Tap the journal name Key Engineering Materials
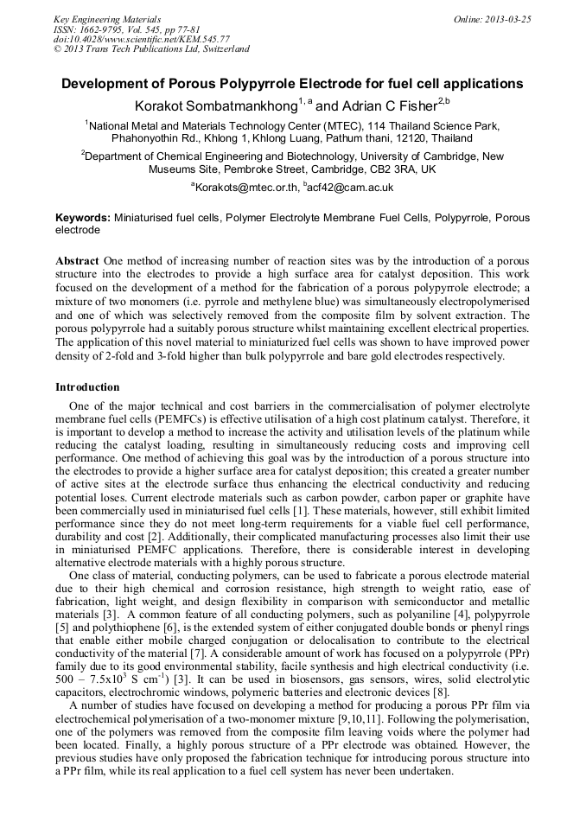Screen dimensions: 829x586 pyautogui.click(x=107, y=19)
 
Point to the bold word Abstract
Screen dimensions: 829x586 pyautogui.click(x=78, y=261)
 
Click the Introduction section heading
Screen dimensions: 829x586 pyautogui.click(x=87, y=387)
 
